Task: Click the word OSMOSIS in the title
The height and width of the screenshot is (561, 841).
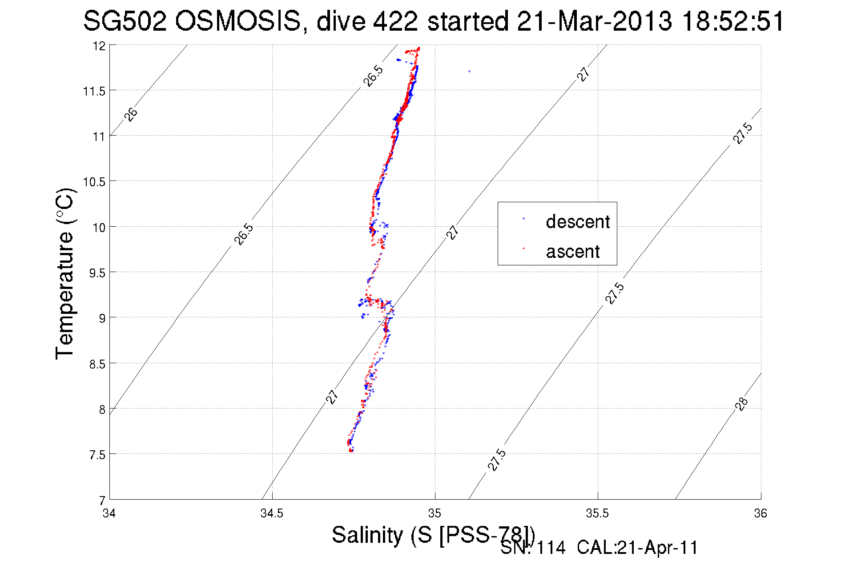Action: [237, 21]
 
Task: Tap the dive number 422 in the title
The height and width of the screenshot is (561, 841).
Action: [395, 21]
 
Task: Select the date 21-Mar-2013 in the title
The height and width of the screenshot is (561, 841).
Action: [594, 21]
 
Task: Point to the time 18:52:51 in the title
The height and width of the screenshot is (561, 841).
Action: [733, 21]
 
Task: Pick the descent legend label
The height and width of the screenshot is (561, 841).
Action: [578, 221]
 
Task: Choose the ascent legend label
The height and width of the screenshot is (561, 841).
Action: [573, 252]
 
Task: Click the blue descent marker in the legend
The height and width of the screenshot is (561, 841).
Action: [523, 219]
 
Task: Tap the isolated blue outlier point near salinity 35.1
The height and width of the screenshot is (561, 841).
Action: [469, 71]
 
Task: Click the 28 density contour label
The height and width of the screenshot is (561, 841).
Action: [741, 404]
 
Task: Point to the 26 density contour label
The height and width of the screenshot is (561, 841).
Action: [131, 114]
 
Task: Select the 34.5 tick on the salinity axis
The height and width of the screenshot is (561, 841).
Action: [272, 513]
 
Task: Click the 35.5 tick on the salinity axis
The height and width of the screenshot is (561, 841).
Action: [597, 513]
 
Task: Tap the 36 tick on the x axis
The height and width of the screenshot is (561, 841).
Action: [761, 513]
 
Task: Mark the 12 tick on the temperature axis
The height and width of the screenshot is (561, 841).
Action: [99, 46]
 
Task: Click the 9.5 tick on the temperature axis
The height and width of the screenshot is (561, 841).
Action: [97, 273]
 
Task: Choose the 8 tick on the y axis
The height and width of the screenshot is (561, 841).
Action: [102, 409]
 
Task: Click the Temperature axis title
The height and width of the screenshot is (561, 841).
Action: [65, 274]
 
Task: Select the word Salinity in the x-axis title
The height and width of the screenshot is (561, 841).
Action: [367, 535]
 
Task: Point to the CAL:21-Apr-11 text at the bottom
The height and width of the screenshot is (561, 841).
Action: [637, 548]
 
